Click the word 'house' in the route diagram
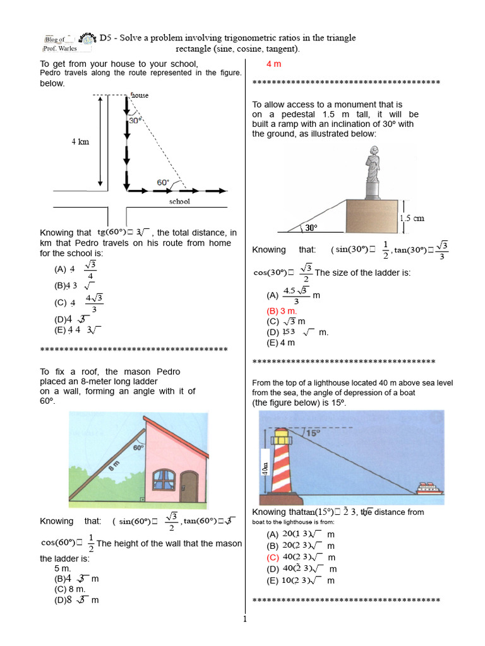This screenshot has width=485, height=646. coord(140,95)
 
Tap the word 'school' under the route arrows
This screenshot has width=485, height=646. coord(179,202)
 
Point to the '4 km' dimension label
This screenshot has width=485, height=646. coord(80,142)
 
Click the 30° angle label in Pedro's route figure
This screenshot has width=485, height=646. coord(135,119)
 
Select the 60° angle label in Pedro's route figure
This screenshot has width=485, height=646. coord(163,182)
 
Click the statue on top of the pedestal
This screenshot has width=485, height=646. coord(373,165)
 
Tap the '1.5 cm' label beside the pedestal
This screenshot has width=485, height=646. coord(412,218)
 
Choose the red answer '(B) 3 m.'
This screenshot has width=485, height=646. coord(282,311)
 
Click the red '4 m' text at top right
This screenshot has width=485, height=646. coord(273,64)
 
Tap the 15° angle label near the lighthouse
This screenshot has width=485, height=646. coord(313,433)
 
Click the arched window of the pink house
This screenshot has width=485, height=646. coord(164,481)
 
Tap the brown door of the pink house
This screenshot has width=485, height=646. coord(188,486)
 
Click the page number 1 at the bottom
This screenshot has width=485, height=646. coord(244,619)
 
